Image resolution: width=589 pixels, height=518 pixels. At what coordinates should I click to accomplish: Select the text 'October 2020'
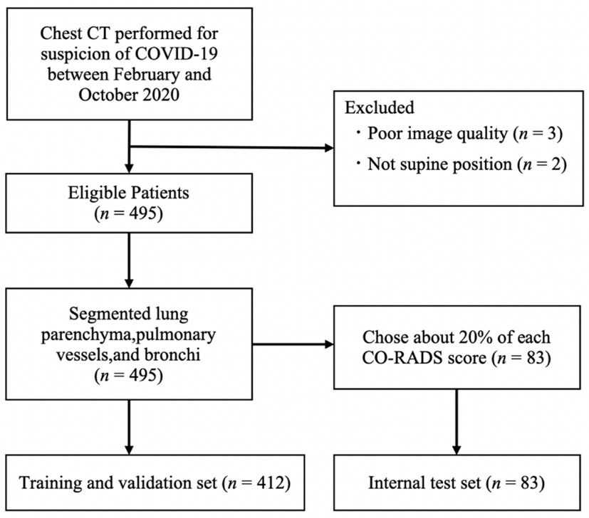click(x=129, y=97)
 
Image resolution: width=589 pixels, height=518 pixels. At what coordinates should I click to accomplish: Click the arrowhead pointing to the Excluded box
click(x=328, y=149)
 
